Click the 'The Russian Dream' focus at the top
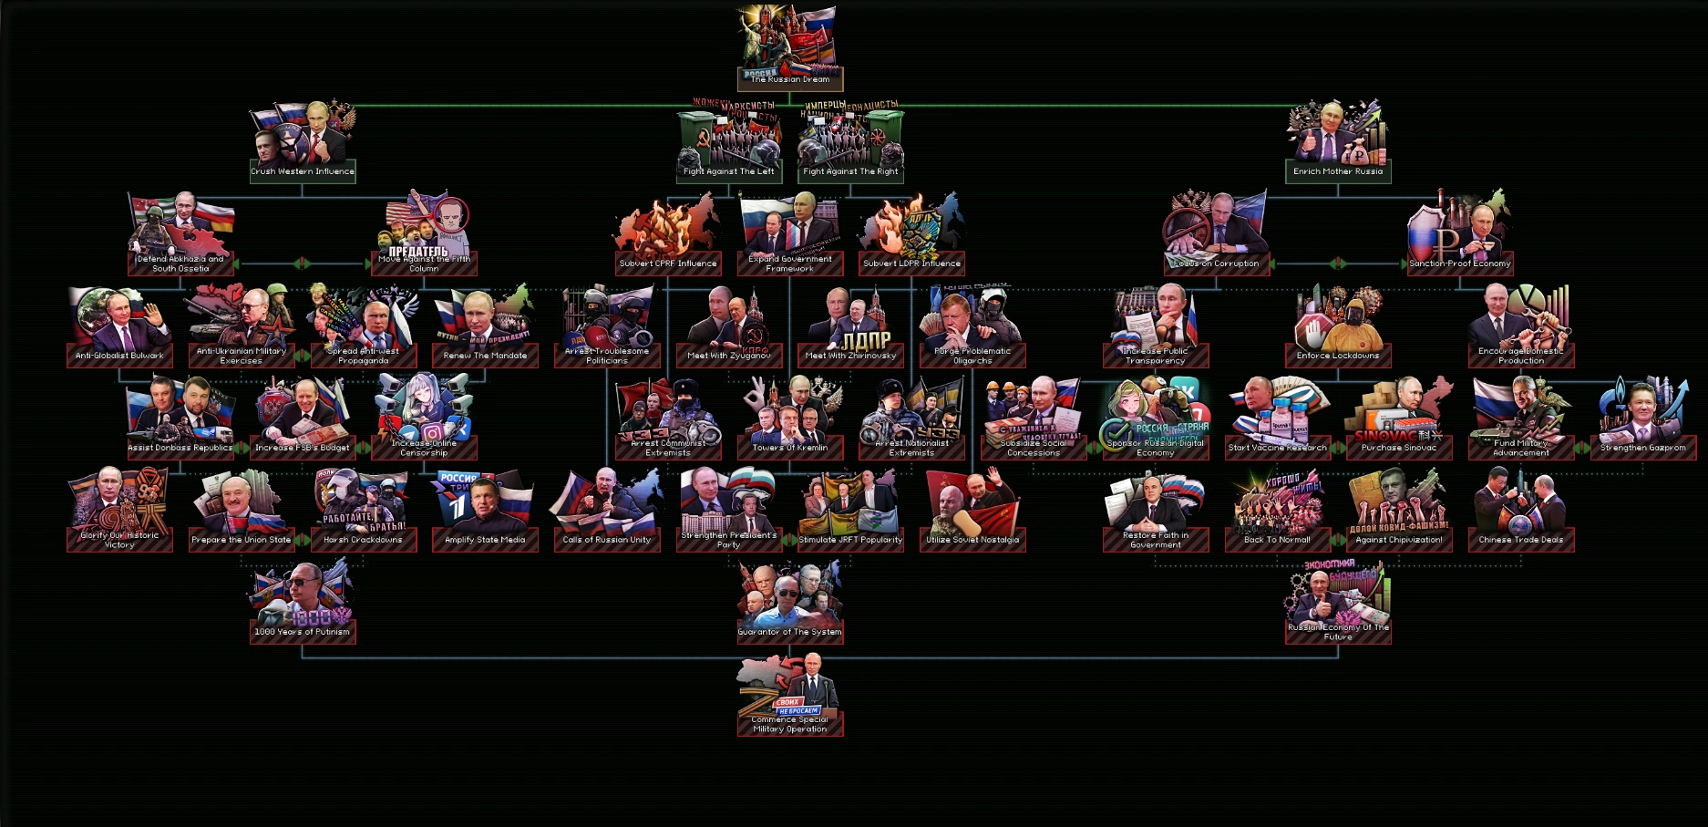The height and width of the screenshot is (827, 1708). [789, 50]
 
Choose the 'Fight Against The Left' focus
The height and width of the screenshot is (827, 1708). [729, 146]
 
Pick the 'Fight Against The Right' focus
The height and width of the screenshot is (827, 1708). [850, 146]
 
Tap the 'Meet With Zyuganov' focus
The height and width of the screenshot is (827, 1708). [729, 328]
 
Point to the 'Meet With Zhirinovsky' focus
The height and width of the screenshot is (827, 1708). [850, 328]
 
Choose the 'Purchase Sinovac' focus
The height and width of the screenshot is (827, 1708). [1399, 419]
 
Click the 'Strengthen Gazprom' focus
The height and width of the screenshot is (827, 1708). [1642, 419]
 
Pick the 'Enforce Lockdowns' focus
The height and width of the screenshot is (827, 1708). [1338, 328]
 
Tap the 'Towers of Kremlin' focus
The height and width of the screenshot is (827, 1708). [789, 419]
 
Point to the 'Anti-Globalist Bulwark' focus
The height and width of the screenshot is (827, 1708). [119, 328]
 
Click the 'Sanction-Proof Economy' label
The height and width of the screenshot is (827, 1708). [1459, 264]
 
